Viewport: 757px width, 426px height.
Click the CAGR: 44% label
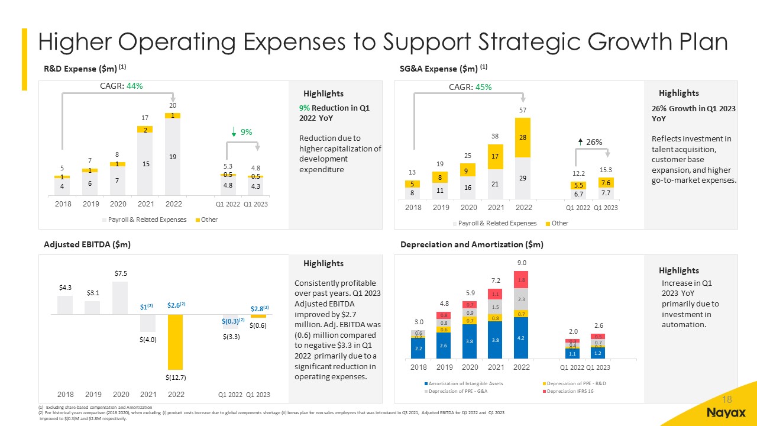tap(122, 86)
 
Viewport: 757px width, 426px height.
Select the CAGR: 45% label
tap(471, 87)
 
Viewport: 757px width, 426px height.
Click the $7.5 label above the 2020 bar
tap(121, 273)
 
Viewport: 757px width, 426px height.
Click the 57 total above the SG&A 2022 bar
tap(522, 110)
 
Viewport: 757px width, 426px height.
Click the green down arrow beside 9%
tap(235, 132)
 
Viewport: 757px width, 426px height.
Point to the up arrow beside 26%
tap(581, 141)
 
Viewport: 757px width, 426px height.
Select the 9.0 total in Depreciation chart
tap(522, 262)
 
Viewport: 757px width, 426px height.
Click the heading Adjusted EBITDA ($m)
tap(87, 244)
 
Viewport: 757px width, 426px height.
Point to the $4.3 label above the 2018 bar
tap(65, 288)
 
